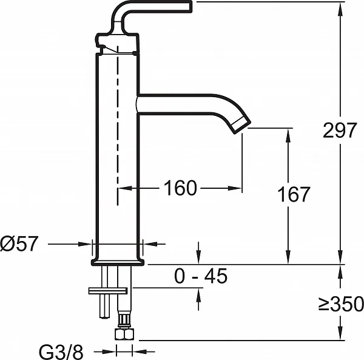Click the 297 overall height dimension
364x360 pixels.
coord(339,130)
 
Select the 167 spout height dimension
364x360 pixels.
coord(294,194)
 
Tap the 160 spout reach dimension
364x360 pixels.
coord(180,188)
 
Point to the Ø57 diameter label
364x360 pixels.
coord(19,243)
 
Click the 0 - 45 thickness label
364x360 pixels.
coord(201,276)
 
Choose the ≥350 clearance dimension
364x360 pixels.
coord(341,304)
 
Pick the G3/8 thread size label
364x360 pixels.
coord(61,352)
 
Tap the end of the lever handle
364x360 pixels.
coord(190,6)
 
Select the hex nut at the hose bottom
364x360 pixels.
coord(124,334)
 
